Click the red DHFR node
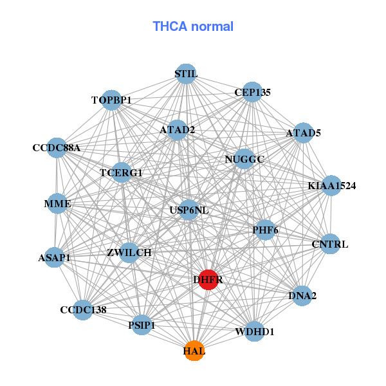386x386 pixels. [208, 280]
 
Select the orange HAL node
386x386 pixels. [194, 351]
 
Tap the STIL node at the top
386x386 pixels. [186, 74]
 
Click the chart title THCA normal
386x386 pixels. [193, 26]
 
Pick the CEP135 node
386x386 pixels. [252, 92]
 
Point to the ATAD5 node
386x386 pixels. [303, 133]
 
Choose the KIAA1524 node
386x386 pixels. [331, 186]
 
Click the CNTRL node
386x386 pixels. [330, 244]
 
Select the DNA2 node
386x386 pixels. [302, 296]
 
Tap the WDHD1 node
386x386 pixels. [255, 331]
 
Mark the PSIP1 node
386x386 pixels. [142, 326]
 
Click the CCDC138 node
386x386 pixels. [83, 309]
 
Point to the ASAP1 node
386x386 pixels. [54, 257]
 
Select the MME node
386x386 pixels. [57, 204]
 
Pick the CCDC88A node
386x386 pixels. [57, 148]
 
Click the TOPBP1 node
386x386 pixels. [111, 100]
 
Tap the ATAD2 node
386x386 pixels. [177, 130]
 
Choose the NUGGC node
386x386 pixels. [244, 159]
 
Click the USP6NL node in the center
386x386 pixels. [188, 210]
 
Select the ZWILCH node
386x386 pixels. [129, 252]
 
